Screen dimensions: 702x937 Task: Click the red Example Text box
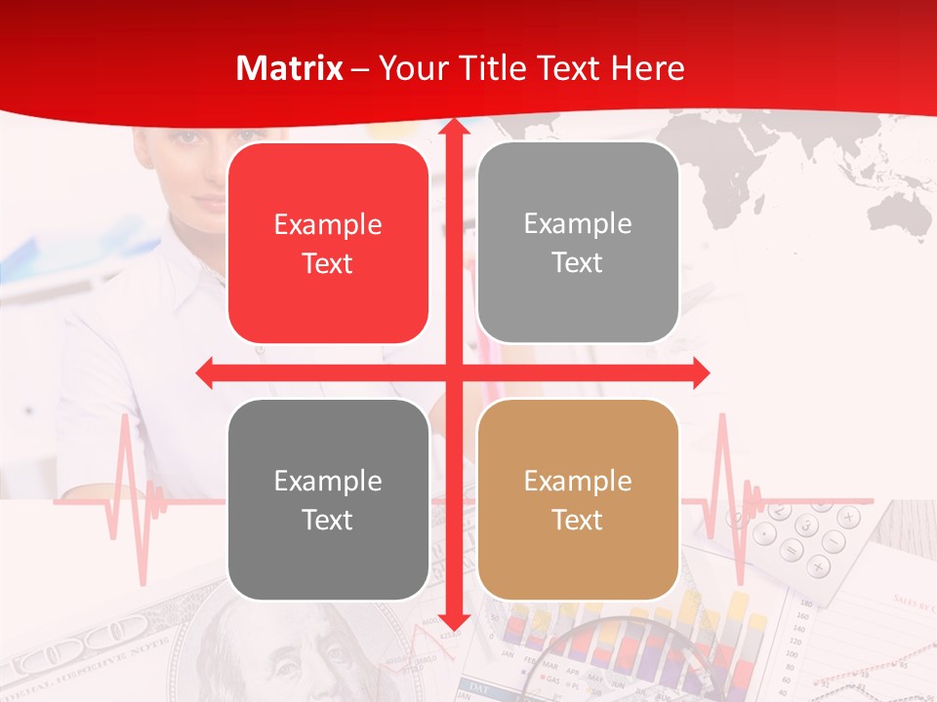click(328, 244)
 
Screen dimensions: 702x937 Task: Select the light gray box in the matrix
click(578, 243)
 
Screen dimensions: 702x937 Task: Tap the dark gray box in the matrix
click(328, 499)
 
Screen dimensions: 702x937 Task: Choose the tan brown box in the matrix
click(578, 499)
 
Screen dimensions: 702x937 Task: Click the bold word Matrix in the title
click(290, 68)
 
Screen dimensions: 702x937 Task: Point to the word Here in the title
click(648, 68)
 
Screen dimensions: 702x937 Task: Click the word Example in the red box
click(328, 224)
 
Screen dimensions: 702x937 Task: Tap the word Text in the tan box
click(578, 520)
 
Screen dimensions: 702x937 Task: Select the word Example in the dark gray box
click(328, 481)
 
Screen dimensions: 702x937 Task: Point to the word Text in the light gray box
click(578, 263)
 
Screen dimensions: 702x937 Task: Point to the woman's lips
click(208, 203)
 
